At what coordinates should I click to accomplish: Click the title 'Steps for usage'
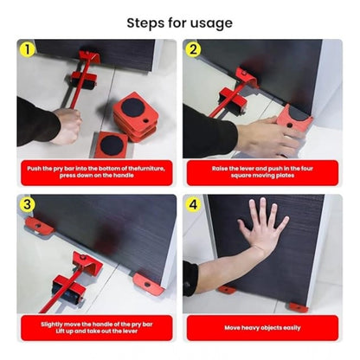click(179, 22)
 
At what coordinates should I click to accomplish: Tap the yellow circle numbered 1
click(27, 49)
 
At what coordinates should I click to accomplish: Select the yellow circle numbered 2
click(194, 49)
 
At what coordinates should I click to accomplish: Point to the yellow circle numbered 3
click(27, 205)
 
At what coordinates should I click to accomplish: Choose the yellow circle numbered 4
click(194, 205)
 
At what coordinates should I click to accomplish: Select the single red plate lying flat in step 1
click(111, 144)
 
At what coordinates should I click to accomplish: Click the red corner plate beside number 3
click(38, 226)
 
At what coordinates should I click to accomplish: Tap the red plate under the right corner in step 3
click(148, 283)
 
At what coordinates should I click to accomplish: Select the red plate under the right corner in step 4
click(298, 307)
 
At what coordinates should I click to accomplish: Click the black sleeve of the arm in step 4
click(191, 279)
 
